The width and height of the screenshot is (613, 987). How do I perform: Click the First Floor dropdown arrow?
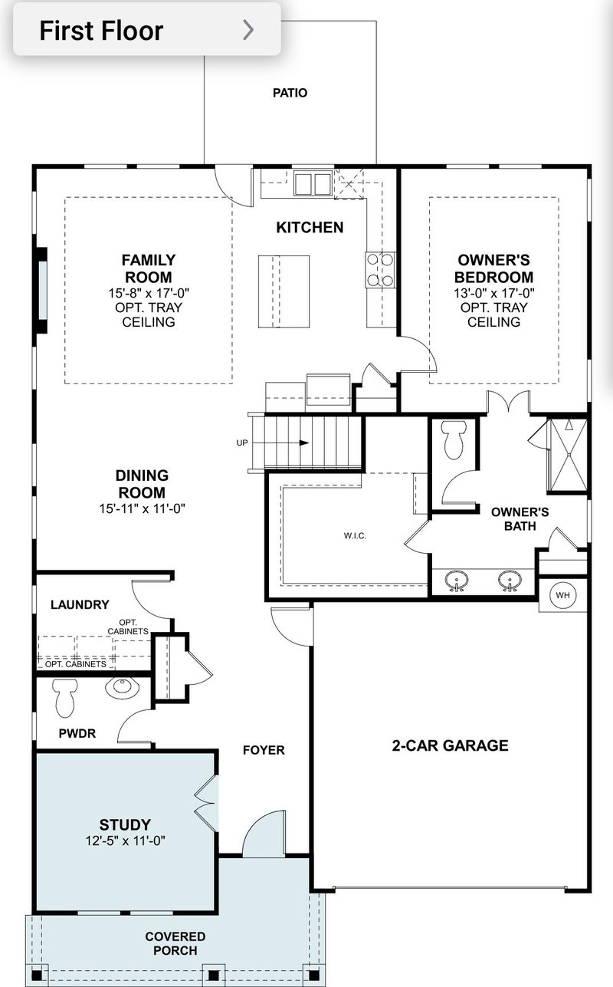pos(247,30)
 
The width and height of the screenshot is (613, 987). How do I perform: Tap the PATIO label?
pos(290,93)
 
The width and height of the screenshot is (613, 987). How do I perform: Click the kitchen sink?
pos(313,184)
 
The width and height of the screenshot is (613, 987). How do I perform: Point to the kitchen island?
pos(284,291)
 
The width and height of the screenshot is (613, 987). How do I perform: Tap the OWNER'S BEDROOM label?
pos(493,268)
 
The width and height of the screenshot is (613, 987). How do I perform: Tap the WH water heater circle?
pos(563,595)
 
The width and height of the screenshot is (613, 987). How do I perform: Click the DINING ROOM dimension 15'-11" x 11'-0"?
pos(142,508)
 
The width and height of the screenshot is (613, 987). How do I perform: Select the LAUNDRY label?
pos(80,604)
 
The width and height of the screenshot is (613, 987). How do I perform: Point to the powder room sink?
pos(120,686)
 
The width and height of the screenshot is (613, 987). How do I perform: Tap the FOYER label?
pos(263,750)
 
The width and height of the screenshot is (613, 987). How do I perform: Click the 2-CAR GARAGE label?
pos(450,745)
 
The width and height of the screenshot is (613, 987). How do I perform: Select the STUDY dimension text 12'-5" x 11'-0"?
pos(125,841)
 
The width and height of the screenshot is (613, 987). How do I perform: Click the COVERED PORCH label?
pos(175,943)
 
